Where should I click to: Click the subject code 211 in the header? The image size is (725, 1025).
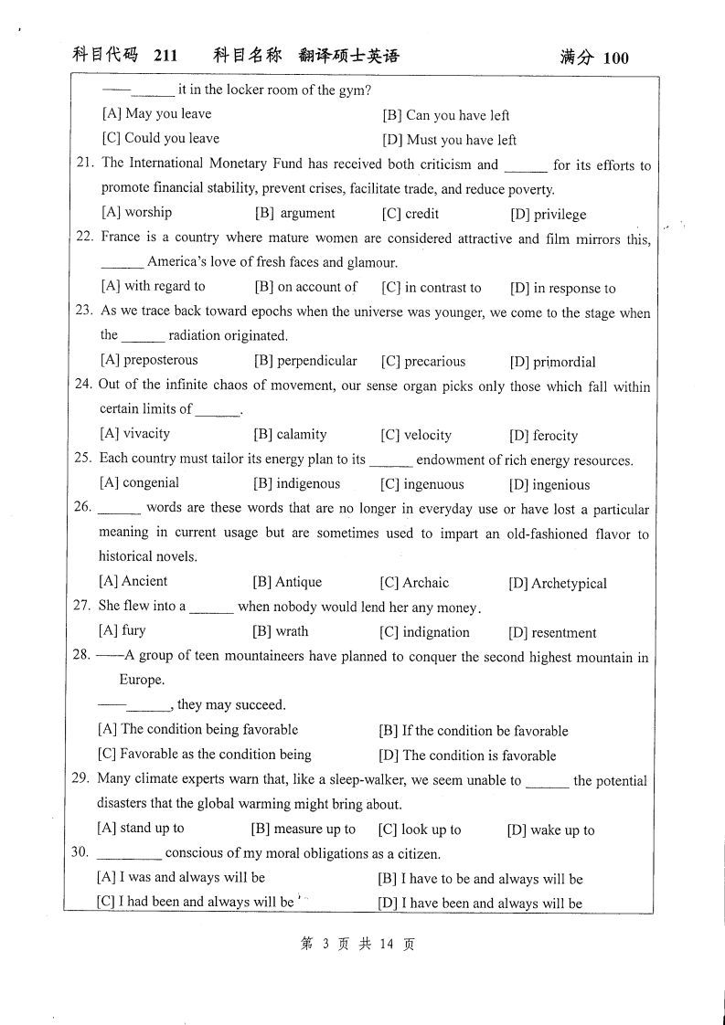point(165,57)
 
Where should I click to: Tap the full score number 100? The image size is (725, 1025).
point(616,58)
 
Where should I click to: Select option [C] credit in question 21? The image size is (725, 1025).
point(410,214)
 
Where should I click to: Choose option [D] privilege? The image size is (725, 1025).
point(548,215)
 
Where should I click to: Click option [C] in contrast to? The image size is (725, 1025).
point(431,288)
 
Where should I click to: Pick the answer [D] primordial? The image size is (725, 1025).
point(551,362)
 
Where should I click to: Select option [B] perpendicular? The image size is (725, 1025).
point(305,361)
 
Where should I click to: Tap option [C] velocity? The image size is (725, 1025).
point(415,436)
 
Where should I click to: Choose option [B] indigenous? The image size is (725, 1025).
point(296,484)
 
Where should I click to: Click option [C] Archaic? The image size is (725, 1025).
point(414,583)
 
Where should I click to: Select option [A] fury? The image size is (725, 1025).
point(122,630)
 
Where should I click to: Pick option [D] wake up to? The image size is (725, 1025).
point(550,830)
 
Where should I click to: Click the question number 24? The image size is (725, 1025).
point(83,385)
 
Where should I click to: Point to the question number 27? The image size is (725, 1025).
point(82,606)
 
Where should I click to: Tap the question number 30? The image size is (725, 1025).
point(80,852)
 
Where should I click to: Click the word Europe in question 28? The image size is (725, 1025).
point(142,681)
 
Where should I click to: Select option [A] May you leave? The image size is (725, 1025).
point(156,114)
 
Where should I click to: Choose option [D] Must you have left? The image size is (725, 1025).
point(449,140)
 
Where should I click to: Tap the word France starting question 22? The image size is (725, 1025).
point(121,238)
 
